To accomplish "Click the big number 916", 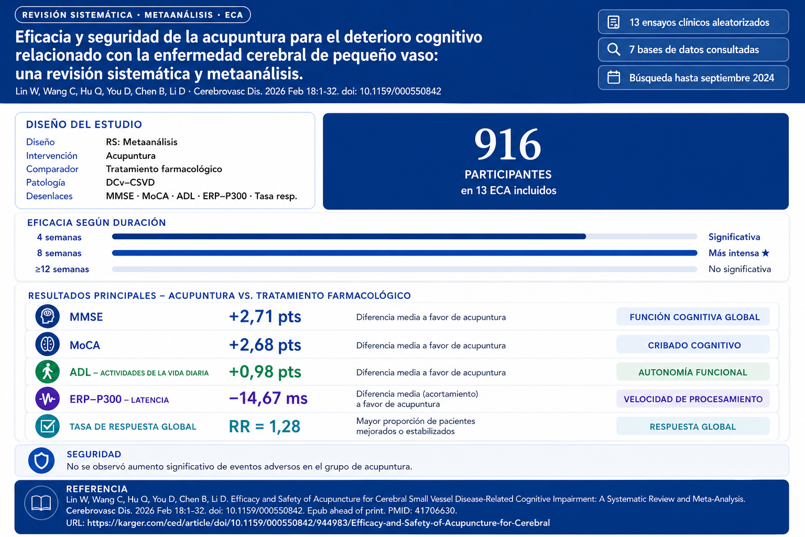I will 507,144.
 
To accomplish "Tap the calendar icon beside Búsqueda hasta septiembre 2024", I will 614,78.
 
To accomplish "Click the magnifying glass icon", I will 613,49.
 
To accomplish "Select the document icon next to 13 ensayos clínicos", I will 613,22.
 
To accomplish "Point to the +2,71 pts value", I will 265,317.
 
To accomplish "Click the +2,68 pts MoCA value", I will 265,345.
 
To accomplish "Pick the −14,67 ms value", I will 268,399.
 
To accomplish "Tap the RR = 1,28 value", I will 264,426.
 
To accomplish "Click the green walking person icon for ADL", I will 47,372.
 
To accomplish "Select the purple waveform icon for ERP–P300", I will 47,399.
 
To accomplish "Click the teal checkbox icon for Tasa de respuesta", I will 47,426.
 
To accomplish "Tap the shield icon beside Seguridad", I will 41,460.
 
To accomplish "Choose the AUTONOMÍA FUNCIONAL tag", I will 692,372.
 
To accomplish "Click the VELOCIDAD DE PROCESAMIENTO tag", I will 693,399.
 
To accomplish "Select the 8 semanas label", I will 59,253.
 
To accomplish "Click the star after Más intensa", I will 766,253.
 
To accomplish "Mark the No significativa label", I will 739,269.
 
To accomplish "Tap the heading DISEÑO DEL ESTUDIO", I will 84,124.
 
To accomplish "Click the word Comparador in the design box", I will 52,169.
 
